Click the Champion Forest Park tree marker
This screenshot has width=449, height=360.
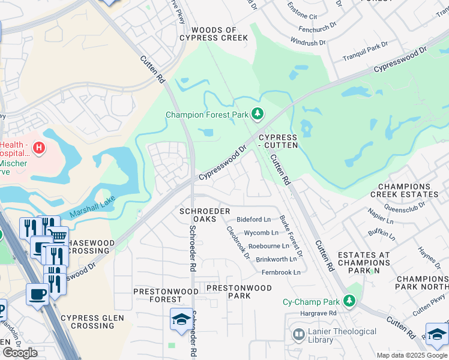pos(258,113)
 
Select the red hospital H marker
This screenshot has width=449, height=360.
pos(39,147)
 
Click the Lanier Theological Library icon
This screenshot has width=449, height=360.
pos(298,334)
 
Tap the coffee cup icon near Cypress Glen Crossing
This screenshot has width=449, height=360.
pos(38,295)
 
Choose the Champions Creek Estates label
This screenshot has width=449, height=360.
pos(404,190)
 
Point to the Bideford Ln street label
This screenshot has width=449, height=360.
pos(253,220)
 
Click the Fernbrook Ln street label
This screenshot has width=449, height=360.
pos(280,272)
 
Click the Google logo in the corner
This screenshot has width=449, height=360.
pos(20,353)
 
